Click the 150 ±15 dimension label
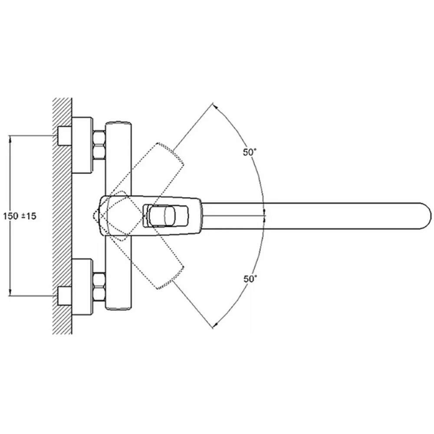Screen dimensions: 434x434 pos(20,216)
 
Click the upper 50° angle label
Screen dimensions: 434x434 pos(250,152)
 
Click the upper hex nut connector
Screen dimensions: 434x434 pos(99,145)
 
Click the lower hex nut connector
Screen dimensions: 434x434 pos(99,287)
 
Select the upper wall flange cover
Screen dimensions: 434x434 pos(82,145)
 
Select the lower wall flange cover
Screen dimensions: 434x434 pos(82,287)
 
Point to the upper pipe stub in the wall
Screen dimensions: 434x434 pos(65,136)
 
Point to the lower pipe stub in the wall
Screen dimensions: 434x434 pos(65,296)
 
